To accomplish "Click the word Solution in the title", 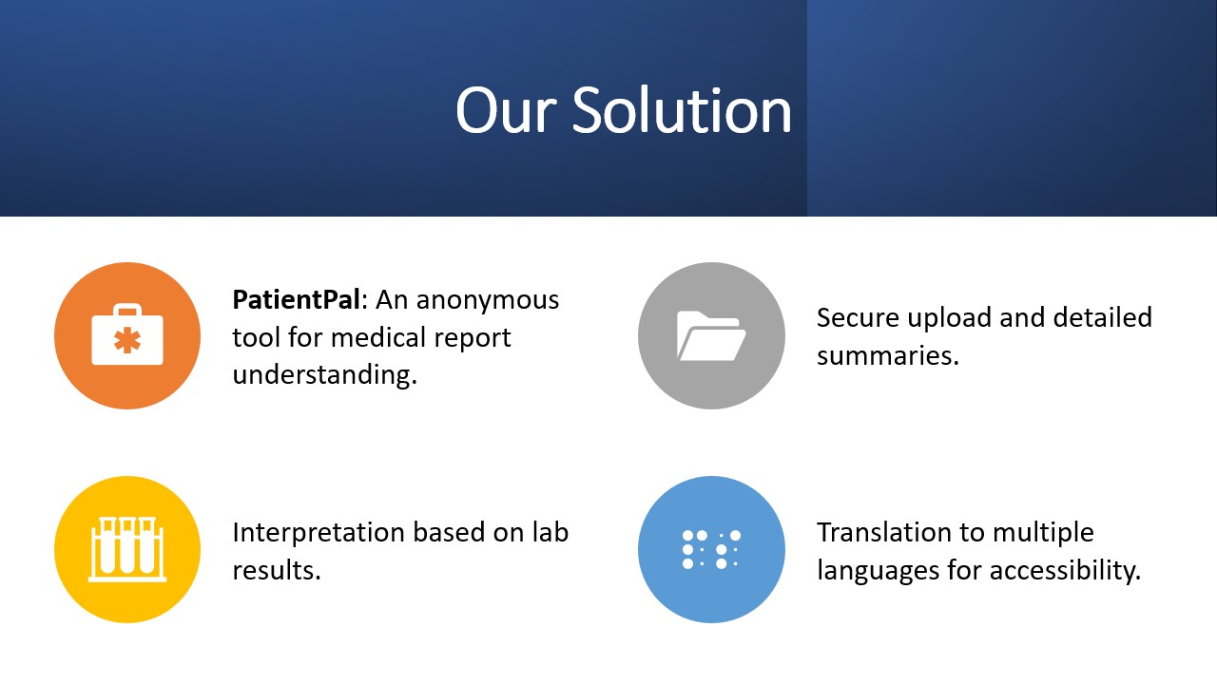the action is click(682, 111).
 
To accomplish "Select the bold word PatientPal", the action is click(296, 299).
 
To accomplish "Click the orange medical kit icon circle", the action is click(127, 335).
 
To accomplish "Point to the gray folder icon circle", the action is click(711, 335).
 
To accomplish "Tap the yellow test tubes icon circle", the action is click(127, 549).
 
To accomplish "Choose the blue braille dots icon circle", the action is click(711, 549).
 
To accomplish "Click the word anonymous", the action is click(488, 300).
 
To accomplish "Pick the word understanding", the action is click(324, 375).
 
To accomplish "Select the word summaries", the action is click(888, 356).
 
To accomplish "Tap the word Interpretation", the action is click(319, 533).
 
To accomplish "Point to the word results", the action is click(277, 571).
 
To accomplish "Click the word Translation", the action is click(900, 532).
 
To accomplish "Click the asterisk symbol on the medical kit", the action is click(127, 341).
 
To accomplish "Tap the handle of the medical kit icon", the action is click(127, 310).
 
